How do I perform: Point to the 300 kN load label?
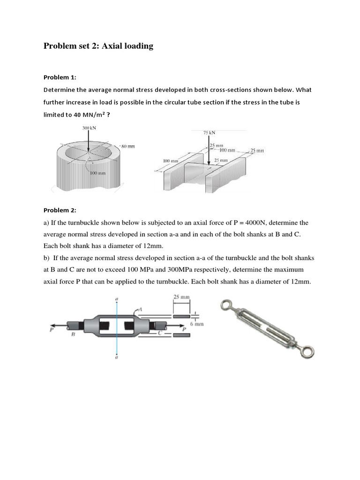pyautogui.click(x=89, y=128)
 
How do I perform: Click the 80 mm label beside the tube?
pyautogui.click(x=127, y=146)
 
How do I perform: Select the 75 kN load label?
pyautogui.click(x=209, y=133)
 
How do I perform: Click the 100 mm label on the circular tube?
pyautogui.click(x=98, y=173)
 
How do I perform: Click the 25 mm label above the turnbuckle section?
pyautogui.click(x=181, y=297)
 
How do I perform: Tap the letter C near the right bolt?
pyautogui.click(x=160, y=332)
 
